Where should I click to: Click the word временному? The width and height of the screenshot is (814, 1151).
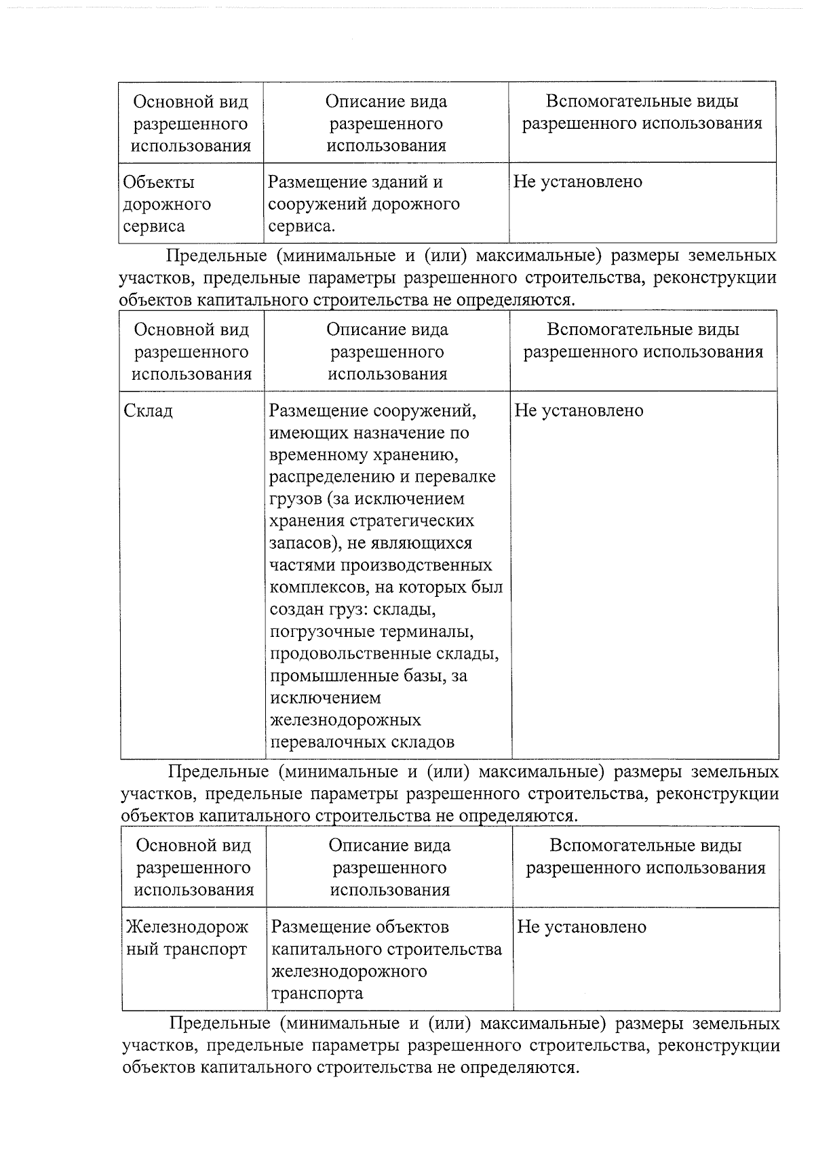[326, 455]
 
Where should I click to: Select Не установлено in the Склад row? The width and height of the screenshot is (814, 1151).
[579, 411]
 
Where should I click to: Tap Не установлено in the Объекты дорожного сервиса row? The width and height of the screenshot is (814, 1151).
[577, 182]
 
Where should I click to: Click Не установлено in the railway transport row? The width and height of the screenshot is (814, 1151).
[581, 927]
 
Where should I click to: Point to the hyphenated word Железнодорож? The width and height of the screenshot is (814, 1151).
[187, 927]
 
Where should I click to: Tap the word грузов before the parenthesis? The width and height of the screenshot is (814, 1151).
[296, 499]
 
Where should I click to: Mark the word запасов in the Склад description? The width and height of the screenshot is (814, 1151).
[301, 543]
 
